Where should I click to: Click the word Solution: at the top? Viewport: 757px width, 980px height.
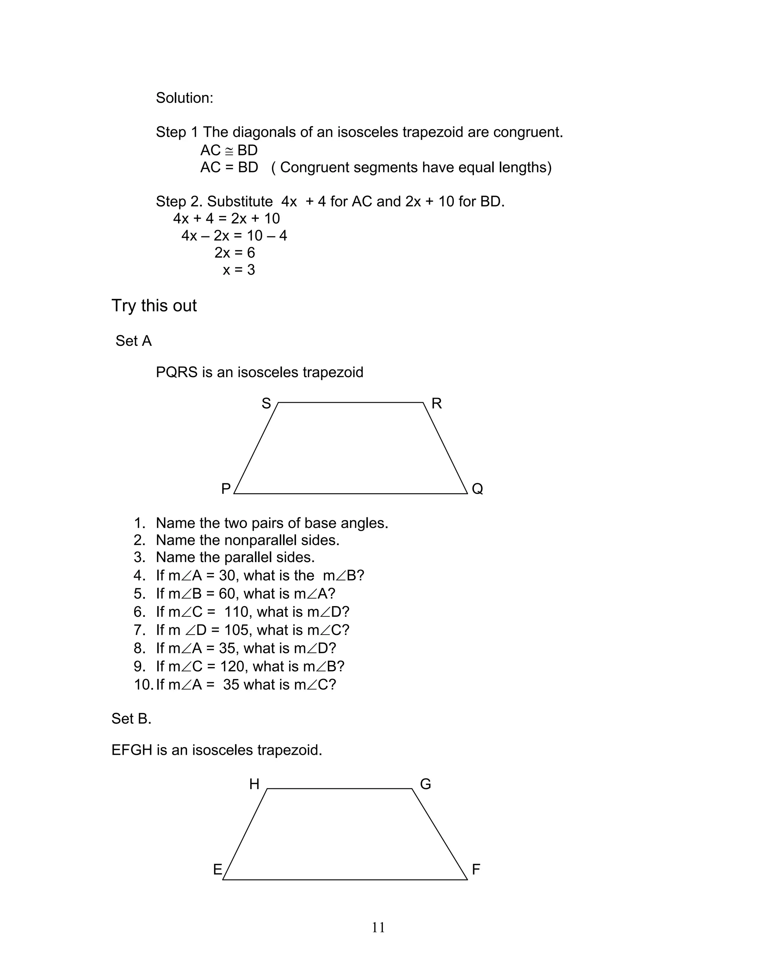pyautogui.click(x=184, y=98)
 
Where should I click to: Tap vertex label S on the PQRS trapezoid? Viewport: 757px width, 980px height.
pyautogui.click(x=266, y=403)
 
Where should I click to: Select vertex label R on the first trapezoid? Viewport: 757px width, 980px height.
pyautogui.click(x=437, y=403)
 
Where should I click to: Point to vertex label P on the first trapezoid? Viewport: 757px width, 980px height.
pyautogui.click(x=226, y=489)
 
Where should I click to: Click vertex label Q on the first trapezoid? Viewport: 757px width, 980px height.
pyautogui.click(x=477, y=489)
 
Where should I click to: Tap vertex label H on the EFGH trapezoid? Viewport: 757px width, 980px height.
pyautogui.click(x=254, y=784)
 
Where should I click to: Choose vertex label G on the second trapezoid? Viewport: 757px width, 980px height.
pyautogui.click(x=425, y=784)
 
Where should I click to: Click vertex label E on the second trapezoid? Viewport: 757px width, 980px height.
pyautogui.click(x=217, y=870)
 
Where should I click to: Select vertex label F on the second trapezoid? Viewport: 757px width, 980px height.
pyautogui.click(x=476, y=870)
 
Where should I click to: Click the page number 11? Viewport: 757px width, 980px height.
pyautogui.click(x=378, y=927)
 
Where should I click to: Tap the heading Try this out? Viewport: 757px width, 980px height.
pyautogui.click(x=154, y=305)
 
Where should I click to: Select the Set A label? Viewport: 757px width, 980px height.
pyautogui.click(x=134, y=341)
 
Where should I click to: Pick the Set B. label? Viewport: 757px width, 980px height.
pyautogui.click(x=131, y=719)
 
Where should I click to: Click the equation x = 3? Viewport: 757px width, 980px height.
pyautogui.click(x=238, y=270)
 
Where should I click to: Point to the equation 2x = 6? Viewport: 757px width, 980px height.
pyautogui.click(x=235, y=253)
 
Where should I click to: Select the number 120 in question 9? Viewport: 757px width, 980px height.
pyautogui.click(x=232, y=666)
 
